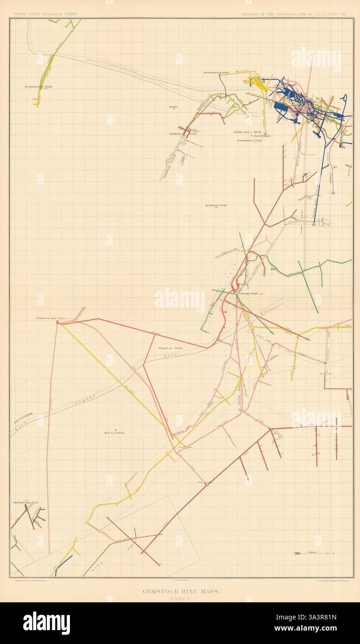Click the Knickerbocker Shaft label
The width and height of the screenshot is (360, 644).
[x=39, y=87]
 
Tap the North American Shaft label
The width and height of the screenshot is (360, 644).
[x=219, y=72]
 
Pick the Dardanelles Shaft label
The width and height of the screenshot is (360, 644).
[x=216, y=205]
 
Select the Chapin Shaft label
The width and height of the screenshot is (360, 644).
[x=167, y=348]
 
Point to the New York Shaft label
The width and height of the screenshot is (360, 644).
[x=114, y=433]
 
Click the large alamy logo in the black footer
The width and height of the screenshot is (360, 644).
[x=46, y=621]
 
